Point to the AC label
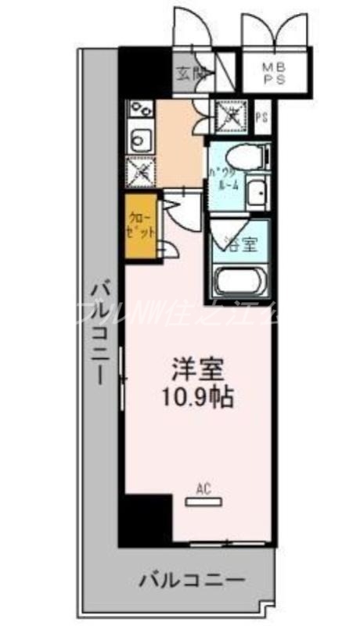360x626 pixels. [x=203, y=491]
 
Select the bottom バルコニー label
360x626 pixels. [x=193, y=581]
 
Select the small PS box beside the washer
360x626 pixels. [x=263, y=117]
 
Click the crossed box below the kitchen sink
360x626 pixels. [x=142, y=171]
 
